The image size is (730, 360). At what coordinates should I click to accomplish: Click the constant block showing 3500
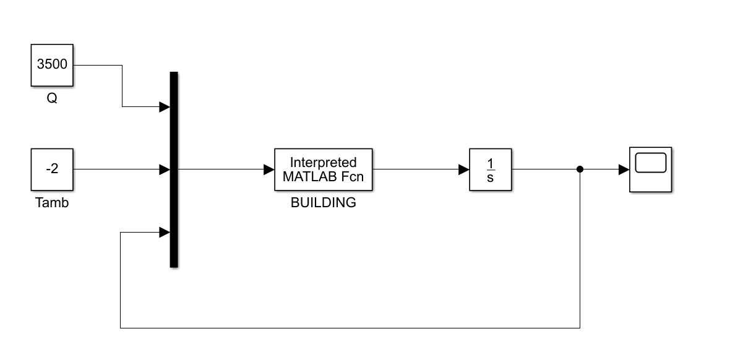point(53,65)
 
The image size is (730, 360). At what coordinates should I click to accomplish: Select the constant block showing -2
point(53,169)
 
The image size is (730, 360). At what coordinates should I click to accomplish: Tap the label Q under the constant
point(52,98)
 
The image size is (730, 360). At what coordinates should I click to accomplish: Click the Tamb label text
point(52,202)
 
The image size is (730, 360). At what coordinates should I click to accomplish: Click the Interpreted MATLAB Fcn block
point(324,169)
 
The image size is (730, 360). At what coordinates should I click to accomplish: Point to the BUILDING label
point(324,202)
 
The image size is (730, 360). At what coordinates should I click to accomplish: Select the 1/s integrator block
point(491,169)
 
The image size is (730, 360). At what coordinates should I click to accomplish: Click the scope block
point(650,169)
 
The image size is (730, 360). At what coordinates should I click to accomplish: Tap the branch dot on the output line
point(580,169)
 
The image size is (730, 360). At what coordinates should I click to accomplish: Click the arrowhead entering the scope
point(624,169)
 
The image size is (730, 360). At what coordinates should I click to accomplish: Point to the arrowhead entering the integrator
point(463,169)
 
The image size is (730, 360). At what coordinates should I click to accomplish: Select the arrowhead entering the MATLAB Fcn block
point(269,169)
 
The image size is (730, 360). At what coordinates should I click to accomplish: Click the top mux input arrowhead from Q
point(164,107)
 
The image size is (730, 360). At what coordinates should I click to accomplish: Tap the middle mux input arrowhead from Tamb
point(164,169)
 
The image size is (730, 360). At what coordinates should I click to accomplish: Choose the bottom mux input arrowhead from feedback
point(164,233)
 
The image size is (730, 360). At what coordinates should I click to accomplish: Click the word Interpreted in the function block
point(324,163)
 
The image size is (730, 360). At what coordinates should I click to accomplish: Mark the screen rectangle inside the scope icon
point(650,163)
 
